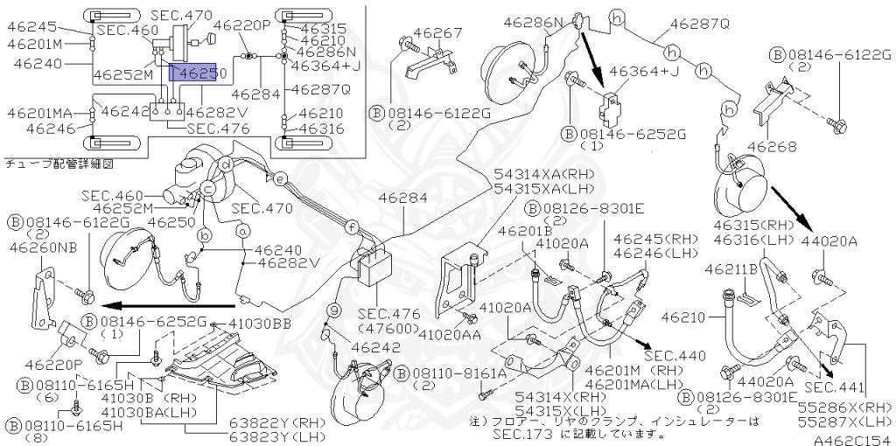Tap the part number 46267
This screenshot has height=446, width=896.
439,32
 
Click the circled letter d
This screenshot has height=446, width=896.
227,165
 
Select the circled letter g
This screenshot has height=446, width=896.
333,310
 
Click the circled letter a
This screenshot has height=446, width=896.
243,231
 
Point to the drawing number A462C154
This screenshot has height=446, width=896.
854,440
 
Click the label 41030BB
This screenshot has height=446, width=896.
260,324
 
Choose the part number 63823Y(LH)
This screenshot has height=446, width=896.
277,437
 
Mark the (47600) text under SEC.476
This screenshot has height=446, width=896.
388,328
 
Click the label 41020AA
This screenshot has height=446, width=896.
451,330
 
